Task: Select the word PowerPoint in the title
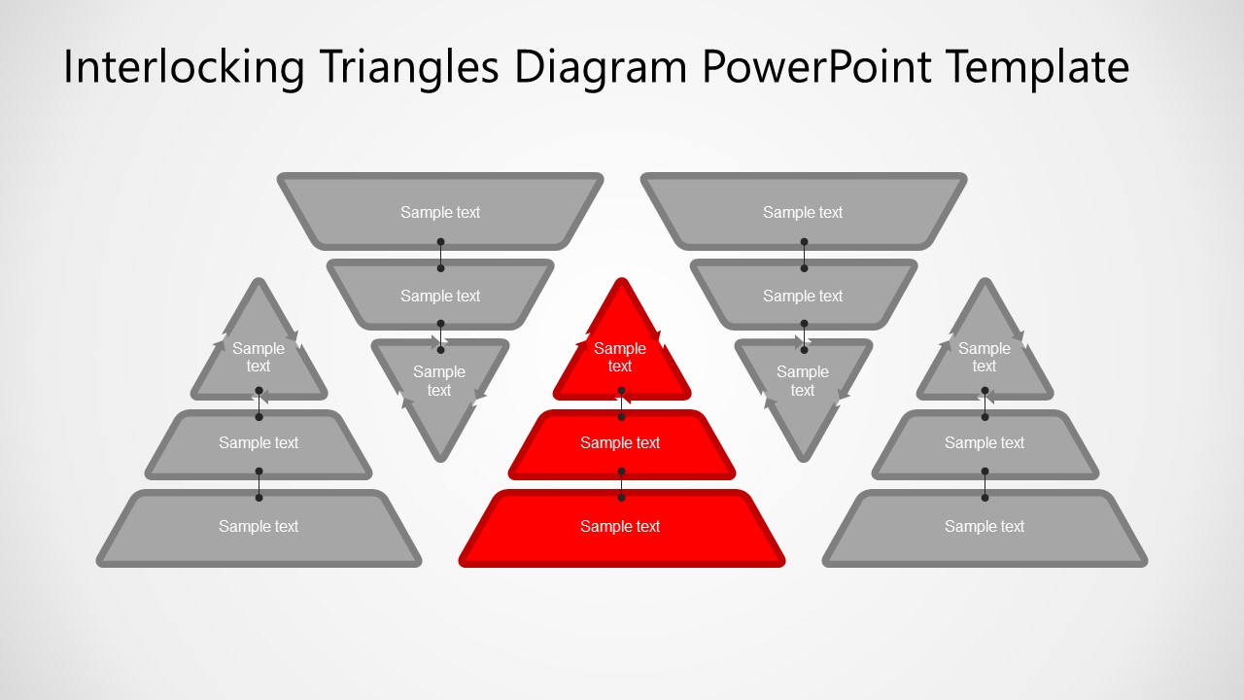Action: (814, 68)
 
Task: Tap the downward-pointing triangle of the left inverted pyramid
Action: (440, 384)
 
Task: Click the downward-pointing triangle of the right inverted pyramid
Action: (803, 384)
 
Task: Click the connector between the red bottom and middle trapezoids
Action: (621, 484)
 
